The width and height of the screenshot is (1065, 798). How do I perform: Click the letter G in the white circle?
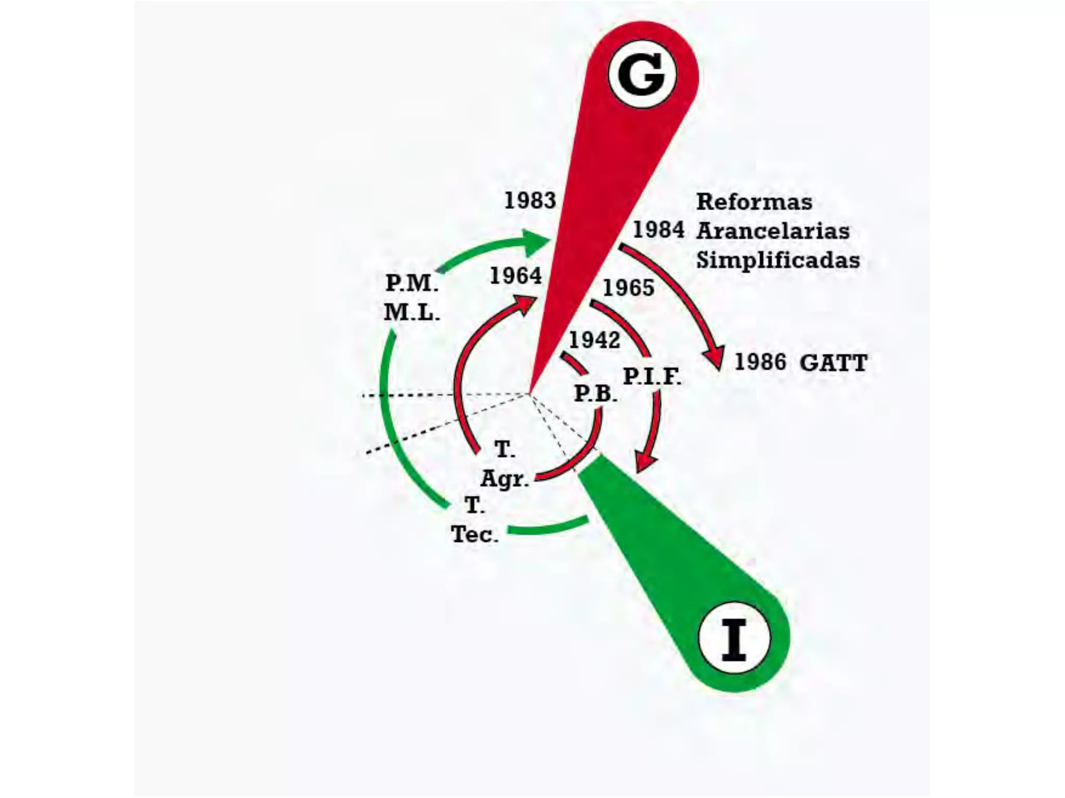(x=642, y=75)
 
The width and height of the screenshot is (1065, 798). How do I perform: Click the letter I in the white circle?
(x=734, y=639)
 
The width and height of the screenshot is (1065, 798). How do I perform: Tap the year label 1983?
(x=530, y=201)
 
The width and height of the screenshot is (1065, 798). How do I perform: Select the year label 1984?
(x=658, y=230)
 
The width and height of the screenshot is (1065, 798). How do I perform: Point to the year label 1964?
(x=515, y=275)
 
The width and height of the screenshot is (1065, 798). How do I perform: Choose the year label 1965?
(x=628, y=288)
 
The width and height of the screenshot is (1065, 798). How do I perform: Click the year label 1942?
(x=594, y=340)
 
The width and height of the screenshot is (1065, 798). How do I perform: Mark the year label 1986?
(x=760, y=362)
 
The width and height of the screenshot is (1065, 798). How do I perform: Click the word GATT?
(x=833, y=363)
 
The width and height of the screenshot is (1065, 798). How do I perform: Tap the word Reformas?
(x=754, y=202)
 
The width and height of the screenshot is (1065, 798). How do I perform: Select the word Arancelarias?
(x=773, y=231)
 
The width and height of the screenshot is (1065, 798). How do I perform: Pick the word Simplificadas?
(x=778, y=260)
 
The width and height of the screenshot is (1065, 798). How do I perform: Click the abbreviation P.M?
(x=411, y=283)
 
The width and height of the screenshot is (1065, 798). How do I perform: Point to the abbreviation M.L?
(x=411, y=312)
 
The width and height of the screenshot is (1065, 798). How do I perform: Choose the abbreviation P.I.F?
(x=652, y=376)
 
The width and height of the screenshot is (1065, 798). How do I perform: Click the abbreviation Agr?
(x=504, y=478)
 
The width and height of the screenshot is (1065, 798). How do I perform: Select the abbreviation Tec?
(x=474, y=534)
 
